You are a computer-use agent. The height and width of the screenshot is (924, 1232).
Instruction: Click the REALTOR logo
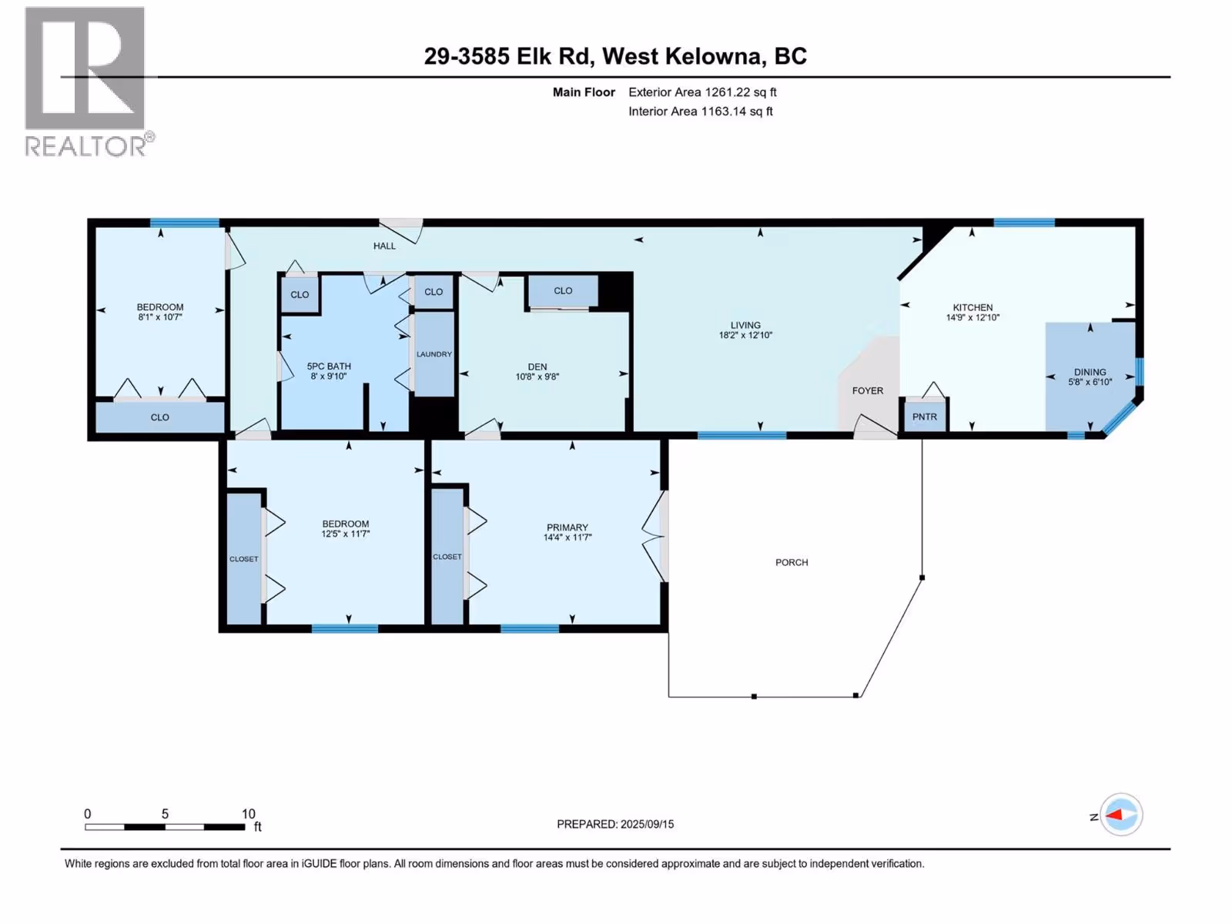[89, 82]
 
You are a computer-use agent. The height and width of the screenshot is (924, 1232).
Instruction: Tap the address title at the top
[615, 56]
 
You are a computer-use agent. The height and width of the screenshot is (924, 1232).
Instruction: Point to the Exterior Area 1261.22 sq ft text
[702, 92]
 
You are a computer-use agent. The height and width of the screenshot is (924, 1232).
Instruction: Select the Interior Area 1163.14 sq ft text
[701, 111]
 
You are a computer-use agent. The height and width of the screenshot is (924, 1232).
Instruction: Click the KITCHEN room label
[973, 307]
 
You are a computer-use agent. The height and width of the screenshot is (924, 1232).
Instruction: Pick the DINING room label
[1090, 372]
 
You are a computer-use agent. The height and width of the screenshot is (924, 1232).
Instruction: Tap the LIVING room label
[745, 325]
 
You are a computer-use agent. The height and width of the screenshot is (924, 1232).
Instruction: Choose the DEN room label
[537, 367]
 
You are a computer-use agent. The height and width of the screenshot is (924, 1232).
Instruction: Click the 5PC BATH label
[328, 366]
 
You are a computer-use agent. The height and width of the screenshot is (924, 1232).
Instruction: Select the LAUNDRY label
[434, 354]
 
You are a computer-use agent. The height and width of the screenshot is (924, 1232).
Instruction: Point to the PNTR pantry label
[925, 417]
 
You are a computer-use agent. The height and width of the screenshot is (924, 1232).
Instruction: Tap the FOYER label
[868, 390]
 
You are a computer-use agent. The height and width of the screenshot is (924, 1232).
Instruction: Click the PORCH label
[792, 562]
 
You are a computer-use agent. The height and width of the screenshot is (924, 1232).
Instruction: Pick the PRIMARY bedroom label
[567, 527]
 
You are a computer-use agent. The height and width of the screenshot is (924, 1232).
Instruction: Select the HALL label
[384, 246]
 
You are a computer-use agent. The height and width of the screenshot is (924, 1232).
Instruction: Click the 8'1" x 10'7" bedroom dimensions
[160, 317]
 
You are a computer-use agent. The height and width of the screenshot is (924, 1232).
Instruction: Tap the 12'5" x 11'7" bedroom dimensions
[345, 534]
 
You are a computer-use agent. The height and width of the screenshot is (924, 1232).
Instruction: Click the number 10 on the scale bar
[248, 813]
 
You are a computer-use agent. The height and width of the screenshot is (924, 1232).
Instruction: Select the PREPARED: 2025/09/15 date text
[615, 824]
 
